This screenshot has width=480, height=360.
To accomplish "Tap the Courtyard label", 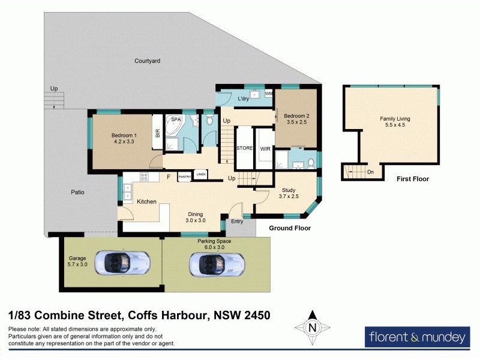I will [x=149, y=61].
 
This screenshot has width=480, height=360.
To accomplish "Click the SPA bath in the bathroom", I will [x=176, y=127].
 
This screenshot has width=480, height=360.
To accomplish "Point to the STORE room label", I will [x=245, y=148].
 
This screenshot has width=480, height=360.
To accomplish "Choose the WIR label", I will [x=265, y=148].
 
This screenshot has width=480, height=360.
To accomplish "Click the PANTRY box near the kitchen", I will [x=184, y=176].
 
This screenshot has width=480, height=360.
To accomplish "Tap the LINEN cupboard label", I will [x=201, y=175].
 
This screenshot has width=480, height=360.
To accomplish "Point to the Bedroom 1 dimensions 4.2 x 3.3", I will [x=124, y=143].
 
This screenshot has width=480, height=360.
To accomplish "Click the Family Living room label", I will [x=395, y=119].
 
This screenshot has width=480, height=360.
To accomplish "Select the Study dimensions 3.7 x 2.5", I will [x=289, y=196].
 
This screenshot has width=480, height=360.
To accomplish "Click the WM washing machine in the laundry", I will [x=268, y=94].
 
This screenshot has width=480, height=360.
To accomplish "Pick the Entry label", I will [x=238, y=222].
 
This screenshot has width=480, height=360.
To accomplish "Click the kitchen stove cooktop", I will [x=144, y=176].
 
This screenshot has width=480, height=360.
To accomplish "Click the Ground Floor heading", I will [x=289, y=228].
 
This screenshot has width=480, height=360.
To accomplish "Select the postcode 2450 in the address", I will [x=254, y=314].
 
